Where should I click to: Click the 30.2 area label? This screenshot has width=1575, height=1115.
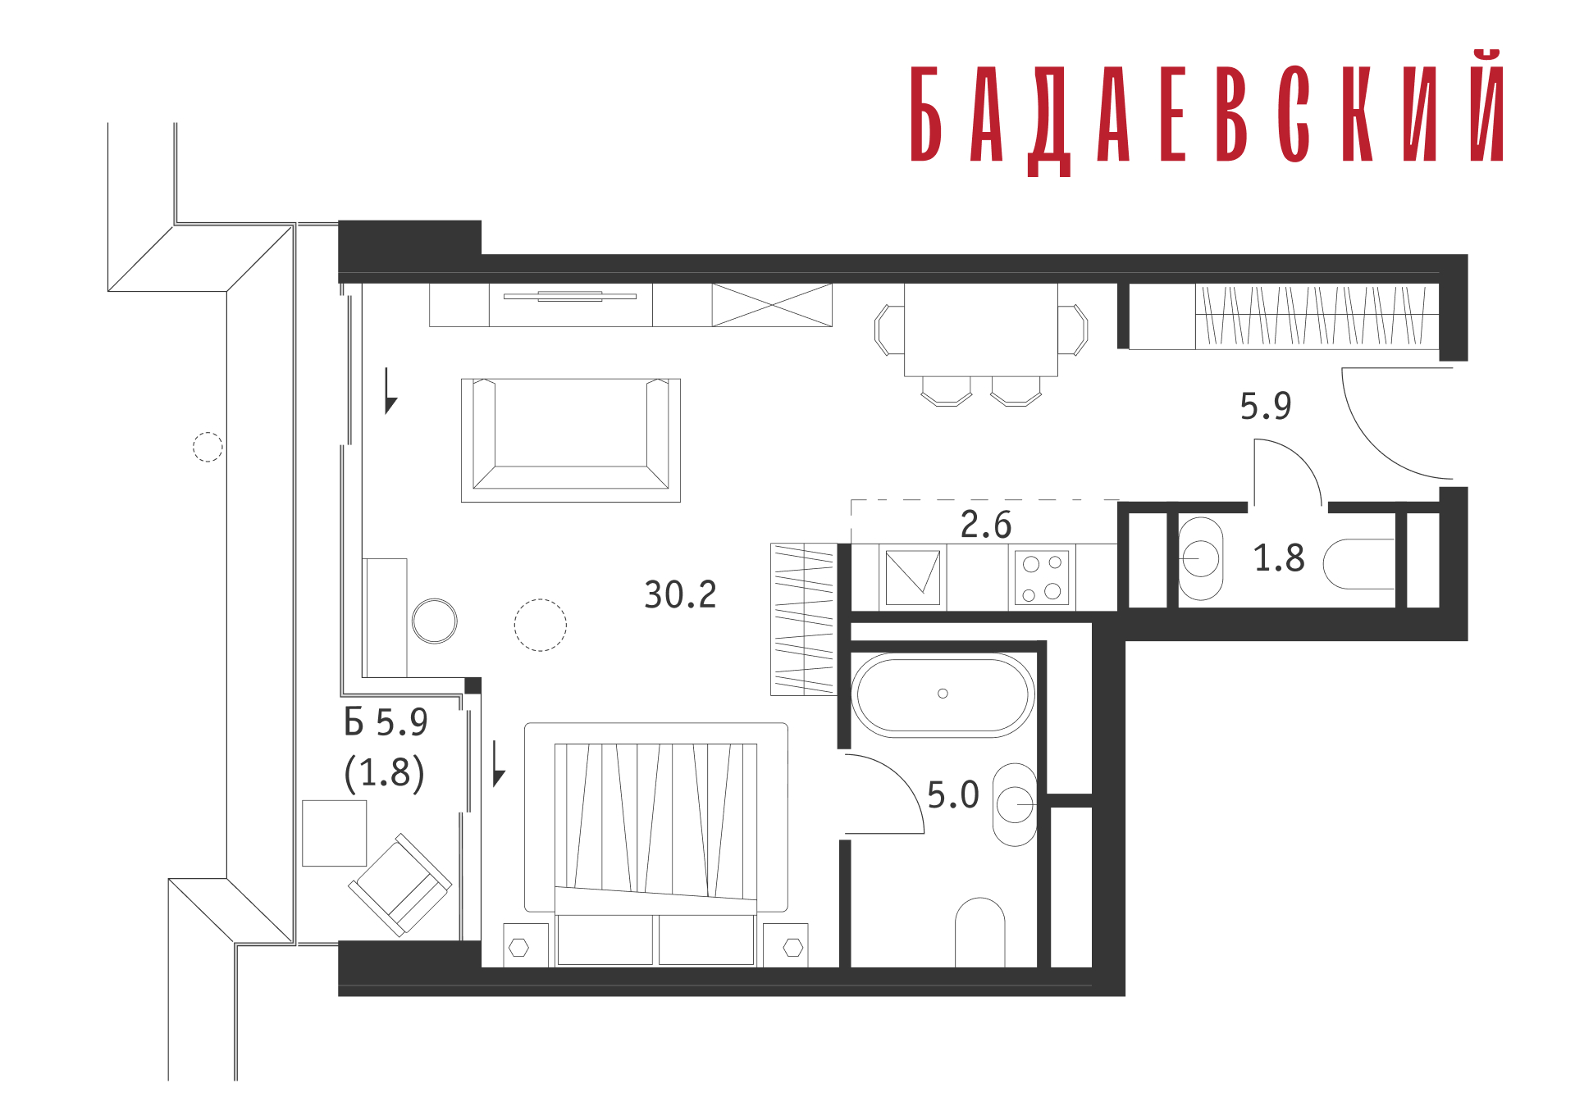coord(680,594)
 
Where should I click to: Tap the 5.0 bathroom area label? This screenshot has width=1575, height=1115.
coord(952,794)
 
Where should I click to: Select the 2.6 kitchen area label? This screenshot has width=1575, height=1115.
coord(986,525)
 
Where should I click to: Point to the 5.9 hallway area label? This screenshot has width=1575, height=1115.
coord(1265,406)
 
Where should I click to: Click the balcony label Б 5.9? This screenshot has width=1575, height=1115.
coord(386,722)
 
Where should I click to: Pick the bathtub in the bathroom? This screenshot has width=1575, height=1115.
coord(943,694)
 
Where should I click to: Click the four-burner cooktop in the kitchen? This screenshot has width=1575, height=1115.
coord(1042,577)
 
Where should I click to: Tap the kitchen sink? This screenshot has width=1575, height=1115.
coord(913,577)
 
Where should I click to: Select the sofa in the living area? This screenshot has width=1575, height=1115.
coord(571,439)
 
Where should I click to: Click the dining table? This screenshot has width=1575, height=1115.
coord(981,330)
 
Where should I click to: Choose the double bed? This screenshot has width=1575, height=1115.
coord(655,844)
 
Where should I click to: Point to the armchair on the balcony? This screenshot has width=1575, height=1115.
coord(400,885)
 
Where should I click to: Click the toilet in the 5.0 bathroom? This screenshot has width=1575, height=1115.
coord(980,932)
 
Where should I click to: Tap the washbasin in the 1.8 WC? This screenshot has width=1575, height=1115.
coord(1201,558)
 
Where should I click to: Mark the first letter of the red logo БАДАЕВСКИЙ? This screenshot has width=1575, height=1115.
coord(926,114)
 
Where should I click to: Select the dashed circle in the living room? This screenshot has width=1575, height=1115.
coord(540,625)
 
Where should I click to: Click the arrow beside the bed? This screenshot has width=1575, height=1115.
coord(497,763)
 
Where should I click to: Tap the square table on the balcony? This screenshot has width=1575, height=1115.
coord(335,833)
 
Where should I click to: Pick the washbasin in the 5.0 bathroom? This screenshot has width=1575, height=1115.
coord(1016,804)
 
